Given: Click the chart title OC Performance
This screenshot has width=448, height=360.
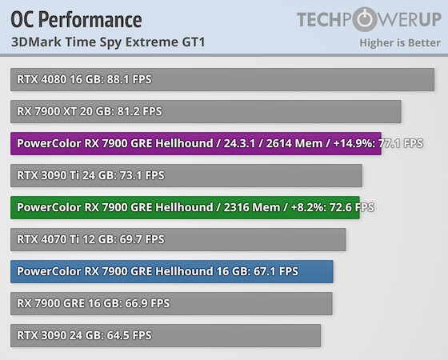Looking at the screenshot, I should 77,19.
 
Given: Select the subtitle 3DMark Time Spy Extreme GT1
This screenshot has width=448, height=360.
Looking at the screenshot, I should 109,42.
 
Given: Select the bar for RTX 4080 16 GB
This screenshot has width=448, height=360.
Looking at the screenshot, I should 222,79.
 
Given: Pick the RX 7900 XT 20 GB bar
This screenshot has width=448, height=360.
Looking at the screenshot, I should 206,111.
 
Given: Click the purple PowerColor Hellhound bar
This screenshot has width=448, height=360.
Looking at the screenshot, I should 196,143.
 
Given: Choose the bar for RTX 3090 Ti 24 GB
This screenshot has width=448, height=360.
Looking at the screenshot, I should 186,175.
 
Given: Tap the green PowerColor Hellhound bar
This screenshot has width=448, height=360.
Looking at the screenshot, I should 185,207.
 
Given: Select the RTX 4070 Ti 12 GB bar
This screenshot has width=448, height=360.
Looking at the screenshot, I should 178,239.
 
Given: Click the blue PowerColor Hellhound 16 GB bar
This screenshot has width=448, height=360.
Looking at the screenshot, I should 172,271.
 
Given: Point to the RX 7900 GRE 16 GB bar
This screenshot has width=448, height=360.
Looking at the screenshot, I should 171,303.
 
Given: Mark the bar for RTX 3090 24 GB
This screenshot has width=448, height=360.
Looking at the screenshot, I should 166,335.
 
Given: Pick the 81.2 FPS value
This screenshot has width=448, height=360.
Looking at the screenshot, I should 139,111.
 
